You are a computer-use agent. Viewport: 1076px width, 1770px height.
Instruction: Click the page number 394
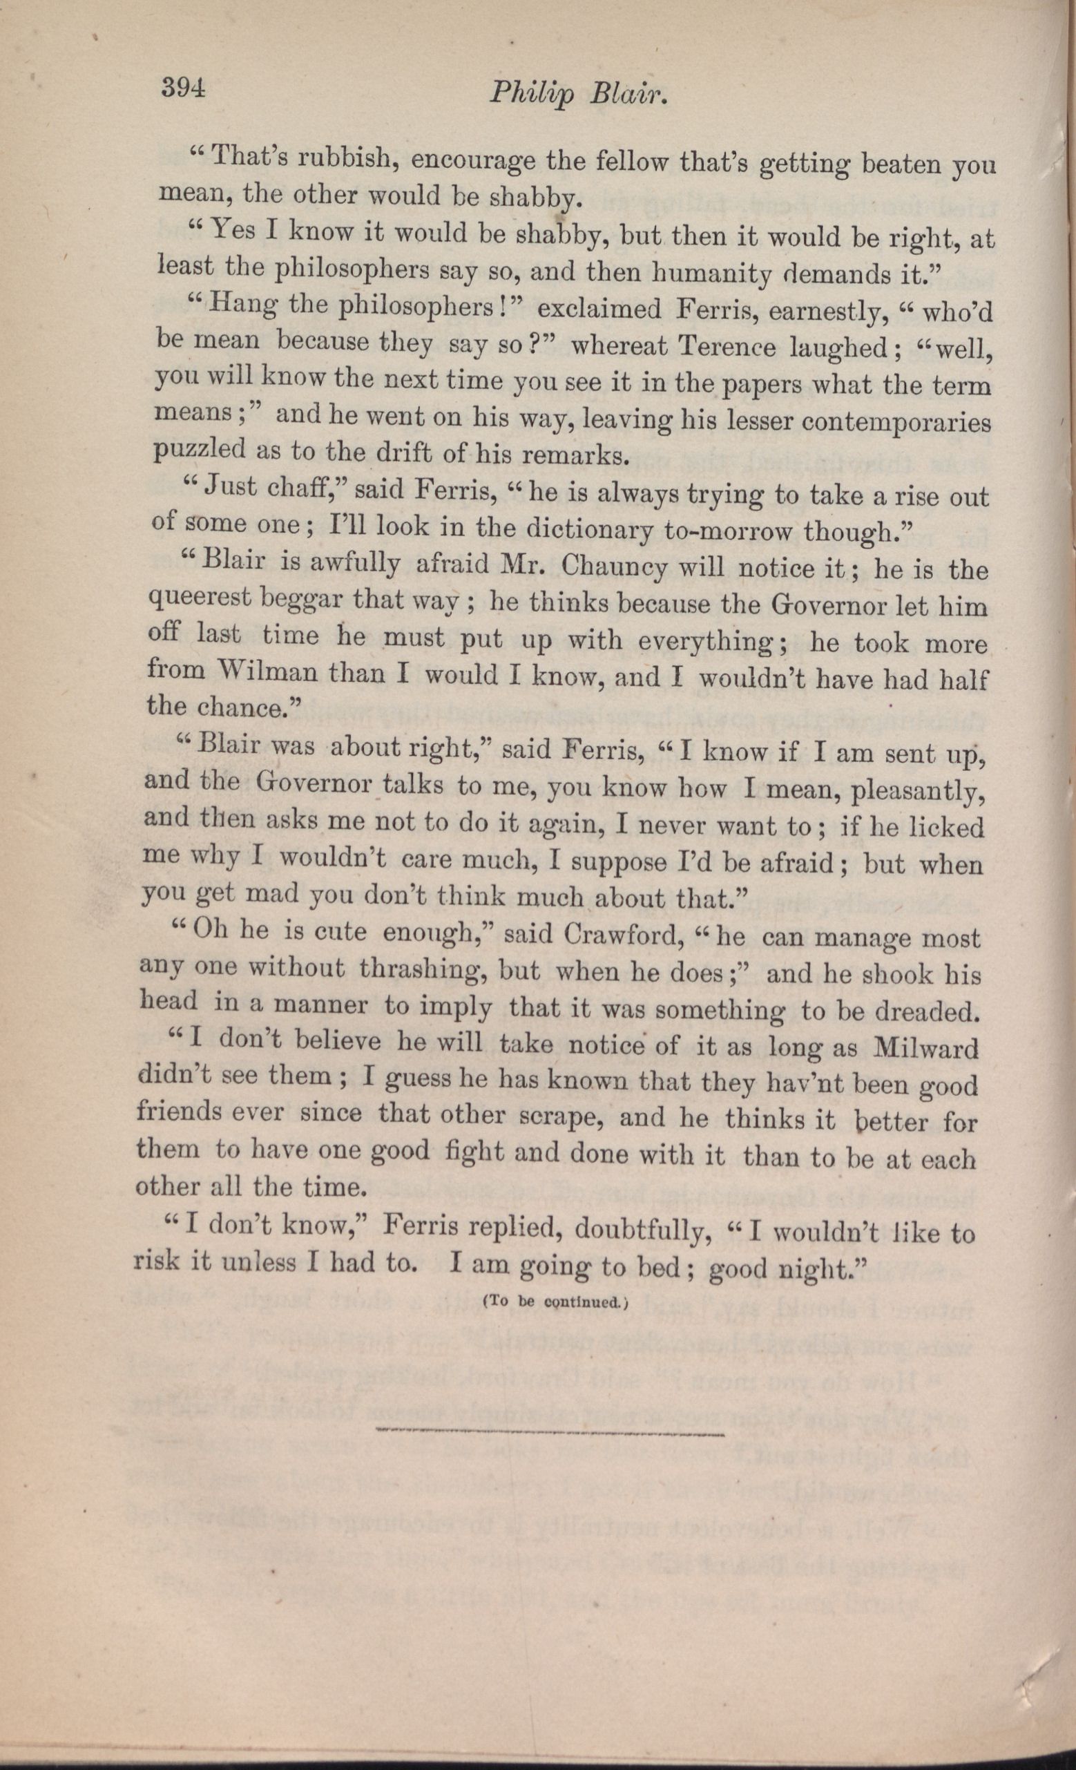(x=184, y=89)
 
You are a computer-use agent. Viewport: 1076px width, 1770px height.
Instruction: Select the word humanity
(x=711, y=272)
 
